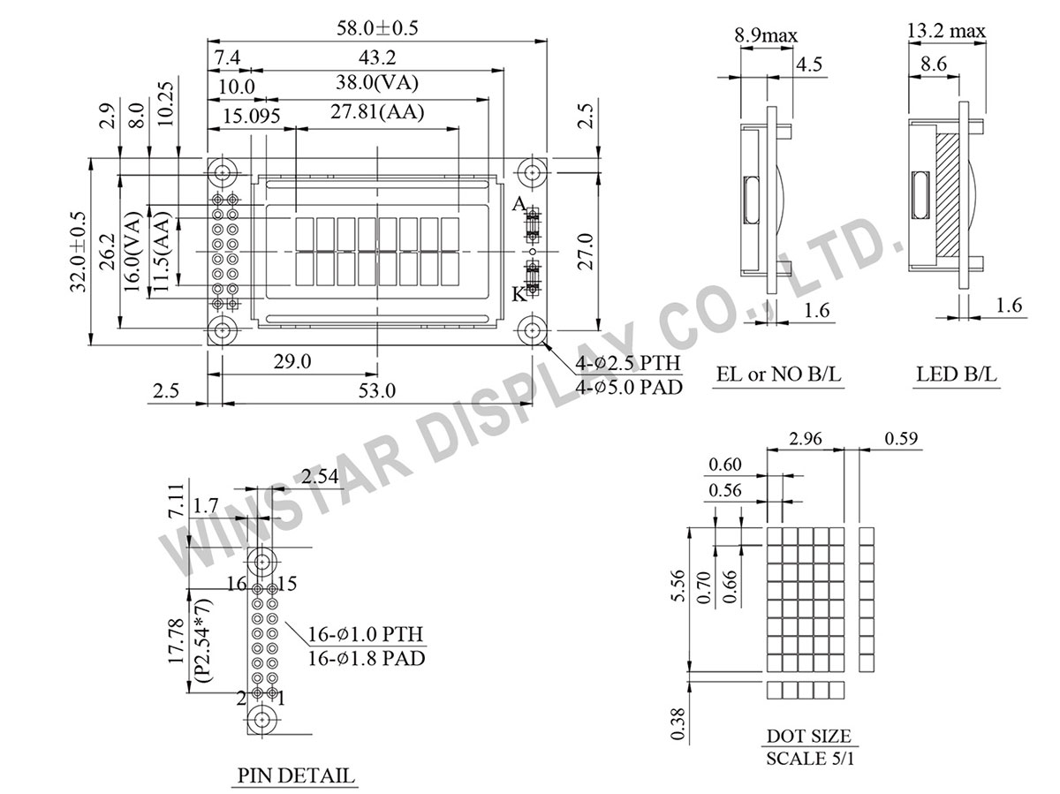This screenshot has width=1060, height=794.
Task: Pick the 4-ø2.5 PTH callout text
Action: tap(629, 364)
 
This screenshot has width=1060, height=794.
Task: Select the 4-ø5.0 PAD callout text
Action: tap(629, 386)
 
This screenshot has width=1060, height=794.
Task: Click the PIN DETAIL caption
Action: tap(295, 776)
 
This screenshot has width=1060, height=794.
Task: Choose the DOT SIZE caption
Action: tap(808, 736)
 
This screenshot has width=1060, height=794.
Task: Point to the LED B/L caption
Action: tap(957, 374)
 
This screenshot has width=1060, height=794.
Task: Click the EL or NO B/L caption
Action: tap(779, 374)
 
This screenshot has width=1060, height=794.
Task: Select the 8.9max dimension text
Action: tap(766, 36)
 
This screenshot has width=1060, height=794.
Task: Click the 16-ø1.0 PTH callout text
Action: tap(366, 634)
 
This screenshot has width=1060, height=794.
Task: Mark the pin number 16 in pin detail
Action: tap(235, 584)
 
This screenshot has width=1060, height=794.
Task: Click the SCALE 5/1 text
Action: tap(808, 758)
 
